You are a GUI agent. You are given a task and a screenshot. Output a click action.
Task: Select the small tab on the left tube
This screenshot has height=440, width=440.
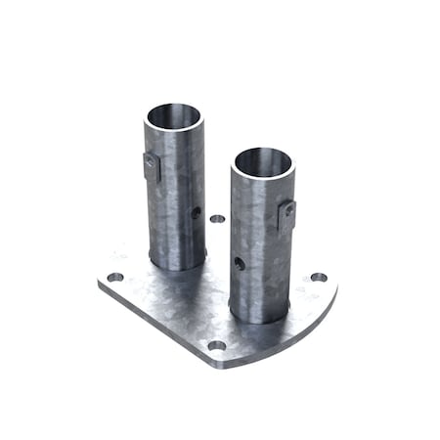[x=151, y=167]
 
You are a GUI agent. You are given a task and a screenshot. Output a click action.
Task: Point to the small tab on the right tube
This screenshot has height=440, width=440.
[x=286, y=213]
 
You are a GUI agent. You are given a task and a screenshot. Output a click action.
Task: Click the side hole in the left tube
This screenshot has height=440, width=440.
[x=196, y=210]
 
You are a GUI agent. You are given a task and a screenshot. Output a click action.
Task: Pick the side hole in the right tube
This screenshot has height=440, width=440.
[x=240, y=262]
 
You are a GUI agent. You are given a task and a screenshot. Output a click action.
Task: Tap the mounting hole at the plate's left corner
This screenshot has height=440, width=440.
[x=115, y=277]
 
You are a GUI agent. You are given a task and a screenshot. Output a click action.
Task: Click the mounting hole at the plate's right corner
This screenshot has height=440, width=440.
[x=319, y=277]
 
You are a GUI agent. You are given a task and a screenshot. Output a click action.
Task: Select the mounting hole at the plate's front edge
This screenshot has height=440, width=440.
[x=217, y=344]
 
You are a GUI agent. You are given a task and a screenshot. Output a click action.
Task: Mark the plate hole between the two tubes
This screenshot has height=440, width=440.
[x=217, y=219]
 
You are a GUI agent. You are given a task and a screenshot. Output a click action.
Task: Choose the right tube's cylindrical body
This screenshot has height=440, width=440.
[x=259, y=244]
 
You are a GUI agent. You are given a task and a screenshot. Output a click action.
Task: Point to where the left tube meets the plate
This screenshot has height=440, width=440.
[x=176, y=266]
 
